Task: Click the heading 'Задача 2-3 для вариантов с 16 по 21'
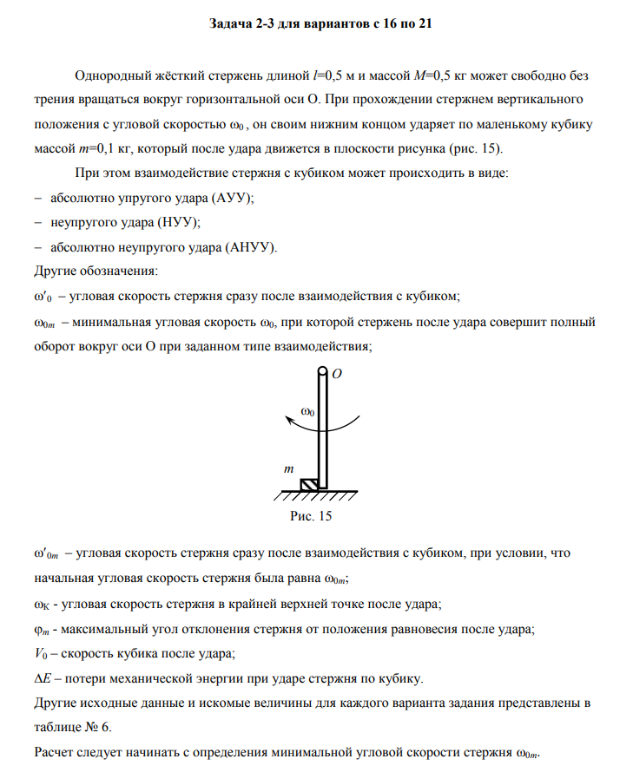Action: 320,24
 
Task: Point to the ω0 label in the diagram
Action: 307,410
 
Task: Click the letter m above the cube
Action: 290,468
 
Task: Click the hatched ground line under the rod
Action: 317,496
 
